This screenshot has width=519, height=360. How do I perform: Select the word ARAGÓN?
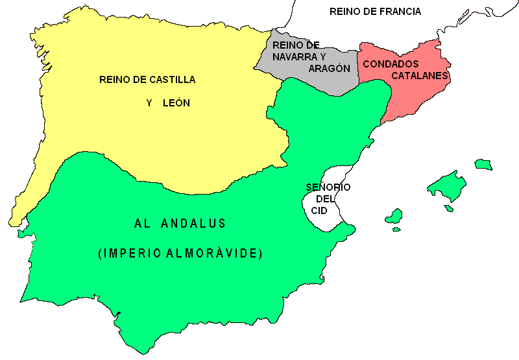click(330, 68)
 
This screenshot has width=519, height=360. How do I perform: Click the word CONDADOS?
click(391, 64)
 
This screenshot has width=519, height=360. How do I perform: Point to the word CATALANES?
click(420, 76)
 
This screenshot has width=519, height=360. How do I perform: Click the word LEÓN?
click(176, 102)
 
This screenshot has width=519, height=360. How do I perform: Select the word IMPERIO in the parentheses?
click(129, 254)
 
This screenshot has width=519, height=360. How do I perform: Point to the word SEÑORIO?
click(328, 187)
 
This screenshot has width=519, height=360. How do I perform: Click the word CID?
click(319, 211)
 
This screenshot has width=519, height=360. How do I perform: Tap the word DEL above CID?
click(325, 199)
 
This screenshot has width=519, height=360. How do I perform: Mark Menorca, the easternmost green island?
click(483, 164)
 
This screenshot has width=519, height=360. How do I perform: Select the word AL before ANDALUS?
click(143, 224)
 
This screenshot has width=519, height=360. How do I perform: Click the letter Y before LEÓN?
click(149, 102)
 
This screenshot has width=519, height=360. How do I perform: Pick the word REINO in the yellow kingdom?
click(115, 80)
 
